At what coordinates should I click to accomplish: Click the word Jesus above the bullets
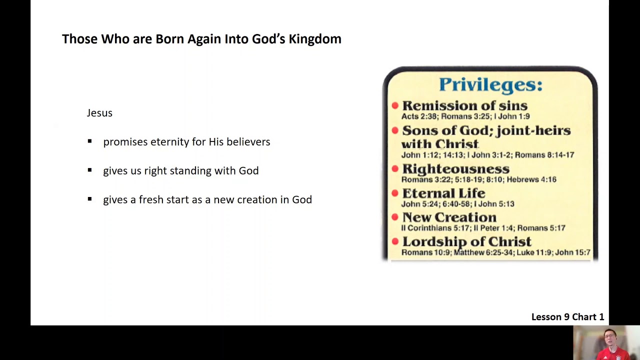pos(99,113)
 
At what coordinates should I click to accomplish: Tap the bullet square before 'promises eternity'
pos(89,141)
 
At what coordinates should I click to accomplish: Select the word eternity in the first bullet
pos(170,142)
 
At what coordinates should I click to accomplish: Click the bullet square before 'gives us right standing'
pos(89,170)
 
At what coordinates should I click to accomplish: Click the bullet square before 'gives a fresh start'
pos(89,199)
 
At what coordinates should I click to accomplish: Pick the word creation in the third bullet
pos(257,199)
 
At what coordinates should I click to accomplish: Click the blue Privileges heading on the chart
pos(490,84)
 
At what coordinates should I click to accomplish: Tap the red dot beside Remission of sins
pos(395,105)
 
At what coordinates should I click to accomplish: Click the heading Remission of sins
pos(464,105)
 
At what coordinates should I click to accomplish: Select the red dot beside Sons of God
pos(395,130)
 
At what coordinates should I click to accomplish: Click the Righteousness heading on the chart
pos(455,169)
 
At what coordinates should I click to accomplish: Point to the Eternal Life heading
pos(443,193)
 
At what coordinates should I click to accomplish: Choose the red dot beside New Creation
pos(395,217)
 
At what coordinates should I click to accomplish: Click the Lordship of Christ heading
pos(466,241)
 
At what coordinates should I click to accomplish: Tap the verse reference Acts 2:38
pos(419,116)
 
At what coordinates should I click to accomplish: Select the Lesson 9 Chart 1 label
pos(567,317)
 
